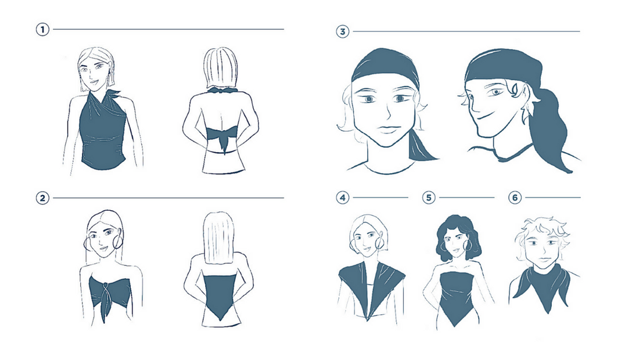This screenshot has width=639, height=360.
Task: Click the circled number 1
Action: click(42, 29)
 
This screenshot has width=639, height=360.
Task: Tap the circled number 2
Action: click(42, 199)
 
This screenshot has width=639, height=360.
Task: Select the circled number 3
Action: click(342, 31)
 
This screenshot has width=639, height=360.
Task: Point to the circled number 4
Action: click(342, 198)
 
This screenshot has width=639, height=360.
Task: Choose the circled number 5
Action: click(429, 198)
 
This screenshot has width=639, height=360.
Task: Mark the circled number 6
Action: click(515, 198)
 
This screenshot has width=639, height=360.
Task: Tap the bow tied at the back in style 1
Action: click(222, 137)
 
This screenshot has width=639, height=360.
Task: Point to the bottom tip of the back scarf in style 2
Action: click(220, 320)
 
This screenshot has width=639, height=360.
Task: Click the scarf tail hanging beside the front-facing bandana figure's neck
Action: click(422, 146)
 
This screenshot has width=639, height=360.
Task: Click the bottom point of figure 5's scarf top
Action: click(454, 325)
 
